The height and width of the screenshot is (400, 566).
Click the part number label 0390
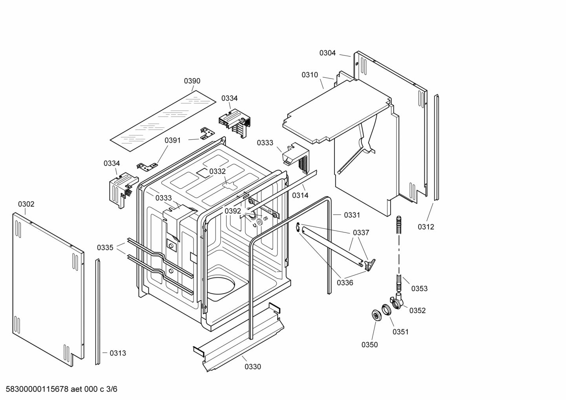tap(192, 81)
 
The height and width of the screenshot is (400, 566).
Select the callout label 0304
tap(327, 53)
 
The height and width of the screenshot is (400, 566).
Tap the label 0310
tap(310, 75)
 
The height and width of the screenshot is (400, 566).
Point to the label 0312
tap(426, 227)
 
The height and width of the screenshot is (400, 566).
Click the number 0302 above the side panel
tap(26, 204)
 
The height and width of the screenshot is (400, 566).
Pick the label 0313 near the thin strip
tap(118, 353)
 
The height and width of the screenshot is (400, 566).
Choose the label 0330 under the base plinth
tap(253, 367)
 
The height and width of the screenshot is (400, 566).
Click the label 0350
tap(370, 345)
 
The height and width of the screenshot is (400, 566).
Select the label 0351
tap(401, 332)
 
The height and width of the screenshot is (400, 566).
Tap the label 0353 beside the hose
tap(419, 289)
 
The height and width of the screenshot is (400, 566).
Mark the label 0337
tap(361, 233)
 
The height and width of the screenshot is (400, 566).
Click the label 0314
tap(300, 195)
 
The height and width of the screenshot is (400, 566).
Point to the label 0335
tap(105, 248)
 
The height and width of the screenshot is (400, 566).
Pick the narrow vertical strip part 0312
tap(436, 147)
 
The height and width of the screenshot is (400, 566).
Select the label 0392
tap(233, 211)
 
